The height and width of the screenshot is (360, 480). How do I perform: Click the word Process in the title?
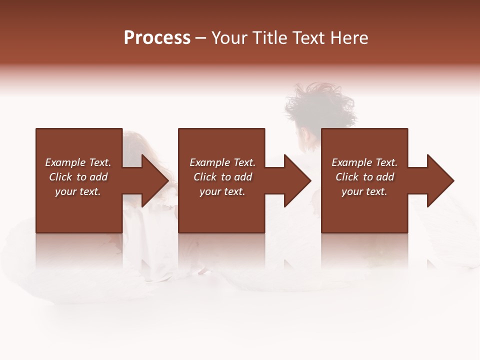coord(157,38)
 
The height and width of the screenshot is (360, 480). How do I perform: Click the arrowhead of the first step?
coord(155,180)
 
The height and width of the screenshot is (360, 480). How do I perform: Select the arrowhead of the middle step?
coord(297,180)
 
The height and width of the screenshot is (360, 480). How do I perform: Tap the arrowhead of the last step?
coord(440,180)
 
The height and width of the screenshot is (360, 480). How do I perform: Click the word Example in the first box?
coord(64,162)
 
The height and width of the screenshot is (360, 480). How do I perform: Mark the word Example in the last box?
coord(351,162)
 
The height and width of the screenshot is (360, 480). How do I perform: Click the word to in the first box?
coord(81,177)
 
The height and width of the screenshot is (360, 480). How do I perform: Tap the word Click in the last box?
coord(347,177)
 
